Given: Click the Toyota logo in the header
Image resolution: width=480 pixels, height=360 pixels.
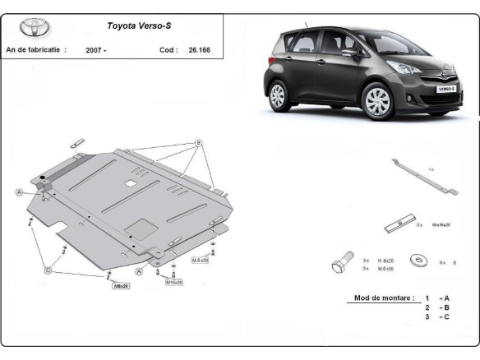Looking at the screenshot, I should pyautogui.click(x=35, y=27).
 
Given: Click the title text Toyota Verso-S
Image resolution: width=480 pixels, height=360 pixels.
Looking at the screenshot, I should pyautogui.click(x=139, y=25).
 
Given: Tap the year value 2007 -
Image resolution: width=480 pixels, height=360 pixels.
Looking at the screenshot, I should pyautogui.click(x=95, y=50).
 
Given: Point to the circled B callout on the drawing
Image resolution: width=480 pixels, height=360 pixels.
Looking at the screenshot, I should pyautogui.click(x=198, y=143).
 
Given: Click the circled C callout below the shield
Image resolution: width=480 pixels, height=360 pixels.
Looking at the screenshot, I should pyautogui.click(x=48, y=269).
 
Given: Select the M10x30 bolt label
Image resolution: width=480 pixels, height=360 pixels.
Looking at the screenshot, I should pyautogui.click(x=174, y=282).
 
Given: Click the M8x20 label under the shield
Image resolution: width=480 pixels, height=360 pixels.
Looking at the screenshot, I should pyautogui.click(x=121, y=286).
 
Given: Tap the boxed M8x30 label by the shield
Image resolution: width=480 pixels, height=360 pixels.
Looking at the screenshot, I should pyautogui.click(x=201, y=260).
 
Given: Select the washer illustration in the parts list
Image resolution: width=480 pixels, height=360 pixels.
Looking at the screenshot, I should pyautogui.click(x=420, y=263).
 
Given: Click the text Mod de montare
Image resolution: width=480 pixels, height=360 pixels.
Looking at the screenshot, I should pyautogui.click(x=379, y=298).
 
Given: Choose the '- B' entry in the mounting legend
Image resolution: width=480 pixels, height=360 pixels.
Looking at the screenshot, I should pyautogui.click(x=444, y=307).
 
